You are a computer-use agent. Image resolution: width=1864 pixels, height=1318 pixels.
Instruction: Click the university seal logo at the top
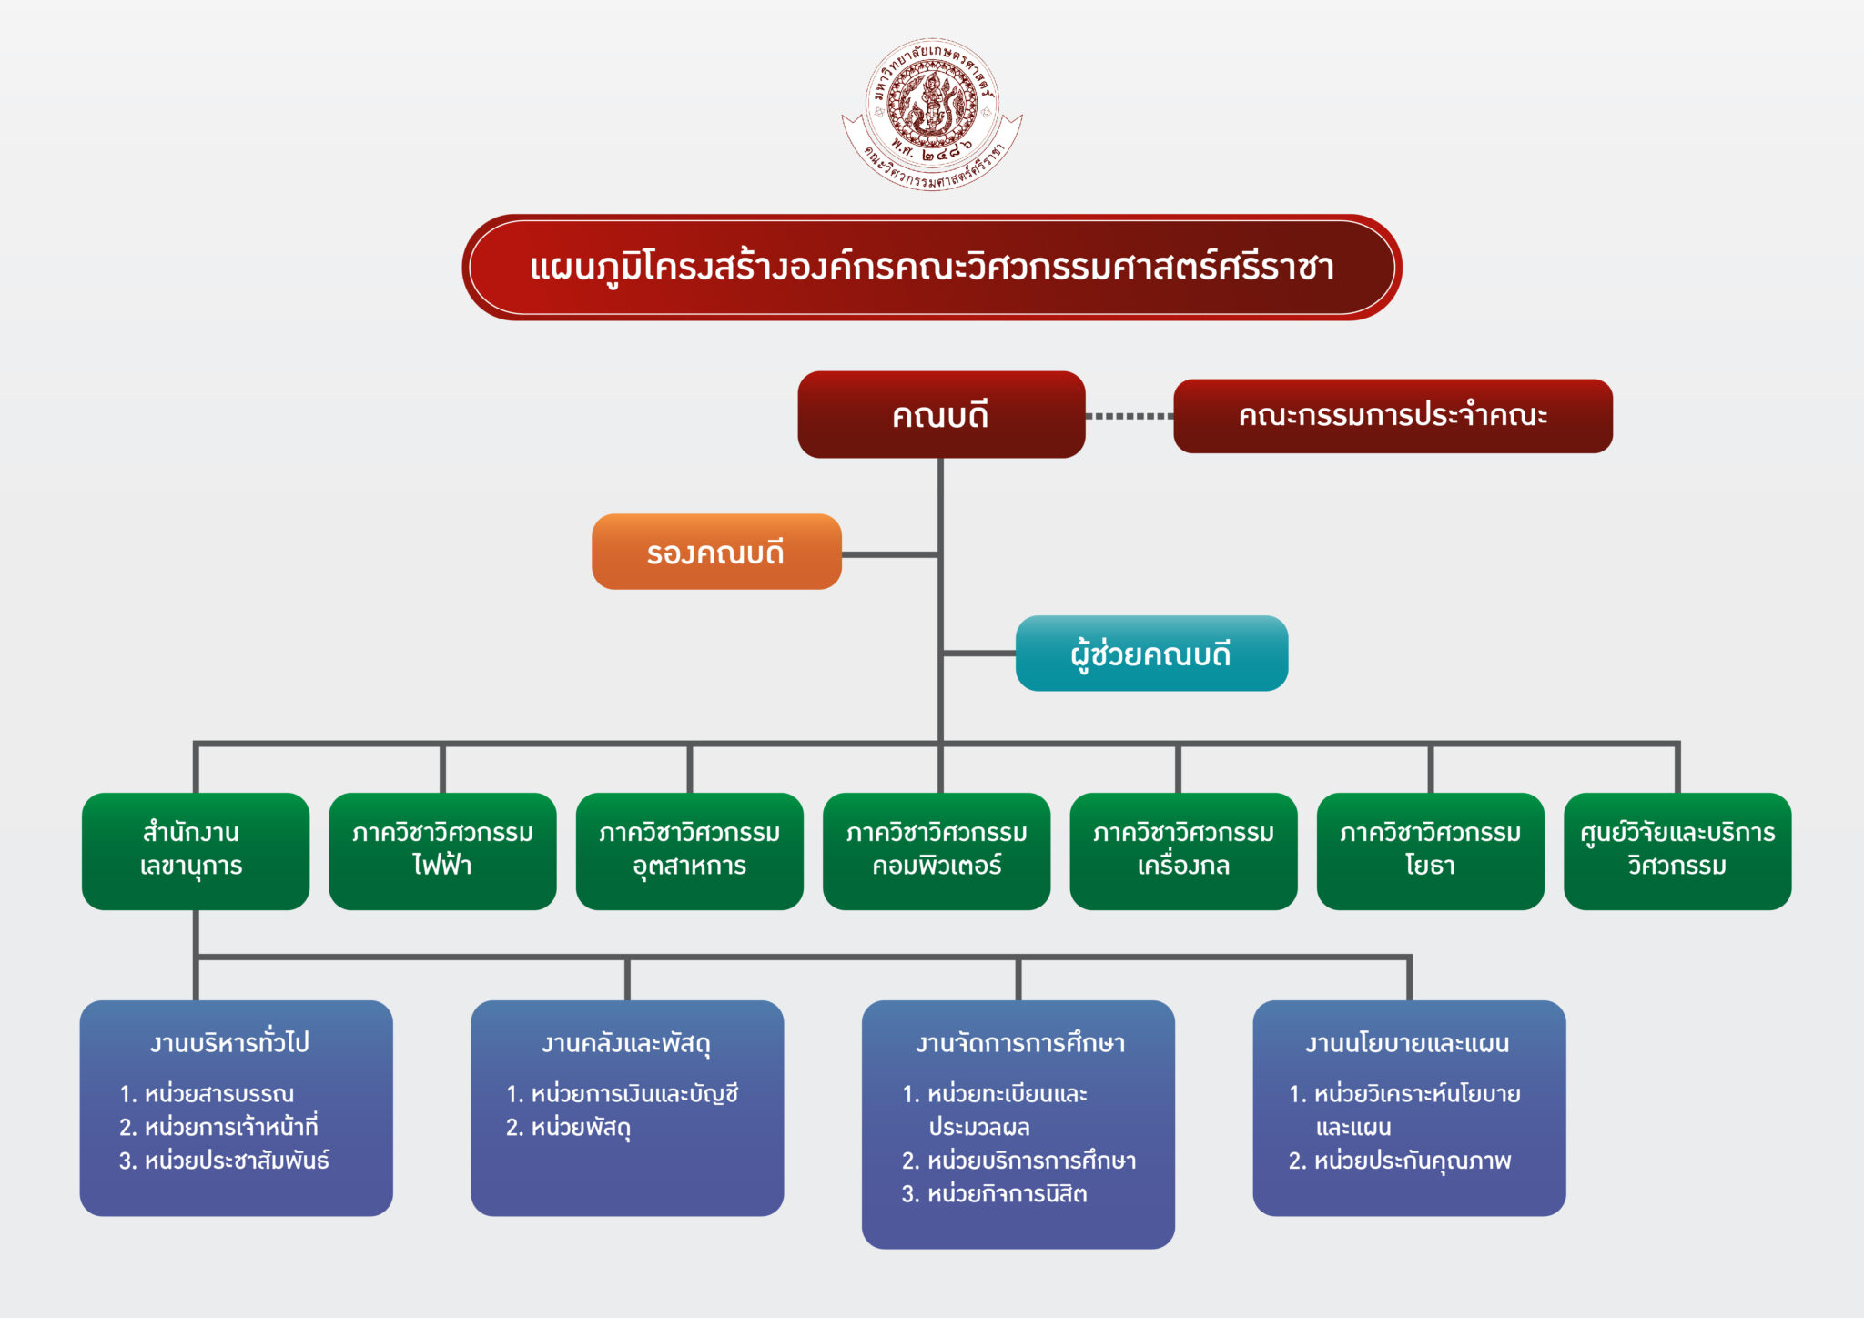pyautogui.click(x=931, y=114)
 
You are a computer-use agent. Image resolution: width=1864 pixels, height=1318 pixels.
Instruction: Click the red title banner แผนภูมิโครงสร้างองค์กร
pyautogui.click(x=931, y=268)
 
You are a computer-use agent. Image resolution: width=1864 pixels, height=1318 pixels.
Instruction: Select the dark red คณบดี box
pyautogui.click(x=941, y=415)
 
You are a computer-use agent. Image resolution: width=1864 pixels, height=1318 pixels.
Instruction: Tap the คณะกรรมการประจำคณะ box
pyautogui.click(x=1393, y=416)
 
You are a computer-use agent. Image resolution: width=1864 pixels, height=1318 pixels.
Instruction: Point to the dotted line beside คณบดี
pyautogui.click(x=1130, y=416)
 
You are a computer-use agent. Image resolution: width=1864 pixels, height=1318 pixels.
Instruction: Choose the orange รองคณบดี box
pyautogui.click(x=716, y=552)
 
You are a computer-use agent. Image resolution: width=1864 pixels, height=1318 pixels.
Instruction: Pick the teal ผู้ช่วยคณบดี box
pyautogui.click(x=1151, y=654)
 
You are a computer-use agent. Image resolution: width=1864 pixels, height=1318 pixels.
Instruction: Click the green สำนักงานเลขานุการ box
pyautogui.click(x=196, y=850)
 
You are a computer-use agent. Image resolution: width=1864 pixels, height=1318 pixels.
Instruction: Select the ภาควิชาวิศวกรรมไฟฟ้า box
pyautogui.click(x=442, y=850)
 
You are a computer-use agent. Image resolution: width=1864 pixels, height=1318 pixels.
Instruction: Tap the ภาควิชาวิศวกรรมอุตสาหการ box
pyautogui.click(x=690, y=850)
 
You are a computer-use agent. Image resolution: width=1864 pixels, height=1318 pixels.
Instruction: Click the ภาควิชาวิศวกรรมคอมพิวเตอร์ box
pyautogui.click(x=937, y=850)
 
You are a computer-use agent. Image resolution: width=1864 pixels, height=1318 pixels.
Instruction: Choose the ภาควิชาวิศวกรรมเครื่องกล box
pyautogui.click(x=1183, y=850)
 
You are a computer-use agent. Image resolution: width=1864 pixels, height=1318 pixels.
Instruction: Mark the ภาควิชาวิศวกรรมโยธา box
pyautogui.click(x=1430, y=850)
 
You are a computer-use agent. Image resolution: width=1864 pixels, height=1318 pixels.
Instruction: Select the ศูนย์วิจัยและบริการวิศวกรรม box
pyautogui.click(x=1677, y=850)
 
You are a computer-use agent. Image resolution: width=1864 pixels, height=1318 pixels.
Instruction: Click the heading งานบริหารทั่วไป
pyautogui.click(x=230, y=1042)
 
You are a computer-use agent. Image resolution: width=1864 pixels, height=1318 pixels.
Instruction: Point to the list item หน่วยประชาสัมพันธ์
pyautogui.click(x=225, y=1161)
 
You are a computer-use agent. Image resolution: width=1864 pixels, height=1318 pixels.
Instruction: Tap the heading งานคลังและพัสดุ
pyautogui.click(x=626, y=1043)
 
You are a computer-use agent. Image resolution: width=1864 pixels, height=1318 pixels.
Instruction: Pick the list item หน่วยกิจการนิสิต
pyautogui.click(x=995, y=1194)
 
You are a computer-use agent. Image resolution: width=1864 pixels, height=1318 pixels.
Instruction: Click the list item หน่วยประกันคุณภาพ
pyautogui.click(x=1400, y=1161)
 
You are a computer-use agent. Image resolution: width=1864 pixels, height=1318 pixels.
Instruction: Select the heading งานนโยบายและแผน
pyautogui.click(x=1407, y=1043)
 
